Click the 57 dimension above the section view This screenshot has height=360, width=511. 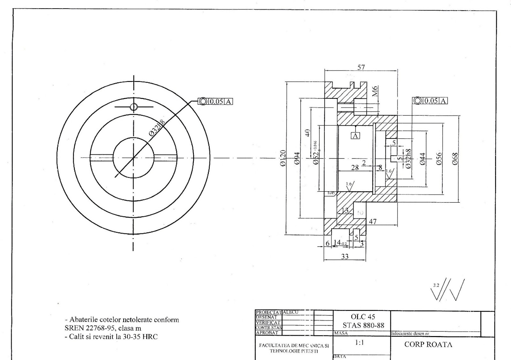(361, 67)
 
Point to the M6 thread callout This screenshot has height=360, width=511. (375, 91)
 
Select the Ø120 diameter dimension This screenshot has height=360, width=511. (283, 158)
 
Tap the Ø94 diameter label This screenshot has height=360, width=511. (297, 158)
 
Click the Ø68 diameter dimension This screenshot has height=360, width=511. (455, 158)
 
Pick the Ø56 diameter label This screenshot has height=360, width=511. (439, 158)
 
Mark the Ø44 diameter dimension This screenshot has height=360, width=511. (423, 158)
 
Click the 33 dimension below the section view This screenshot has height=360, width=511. (345, 256)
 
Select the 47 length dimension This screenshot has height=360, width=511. (373, 221)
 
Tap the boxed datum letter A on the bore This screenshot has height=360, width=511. (355, 136)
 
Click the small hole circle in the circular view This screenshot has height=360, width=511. (133, 107)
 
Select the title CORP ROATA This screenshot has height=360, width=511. (428, 345)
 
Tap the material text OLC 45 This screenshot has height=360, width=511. (363, 317)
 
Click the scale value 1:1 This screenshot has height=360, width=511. (360, 343)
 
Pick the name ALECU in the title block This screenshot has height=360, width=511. (291, 312)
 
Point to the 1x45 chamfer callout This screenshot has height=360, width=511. (331, 193)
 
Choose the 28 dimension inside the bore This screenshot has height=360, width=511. (355, 168)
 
